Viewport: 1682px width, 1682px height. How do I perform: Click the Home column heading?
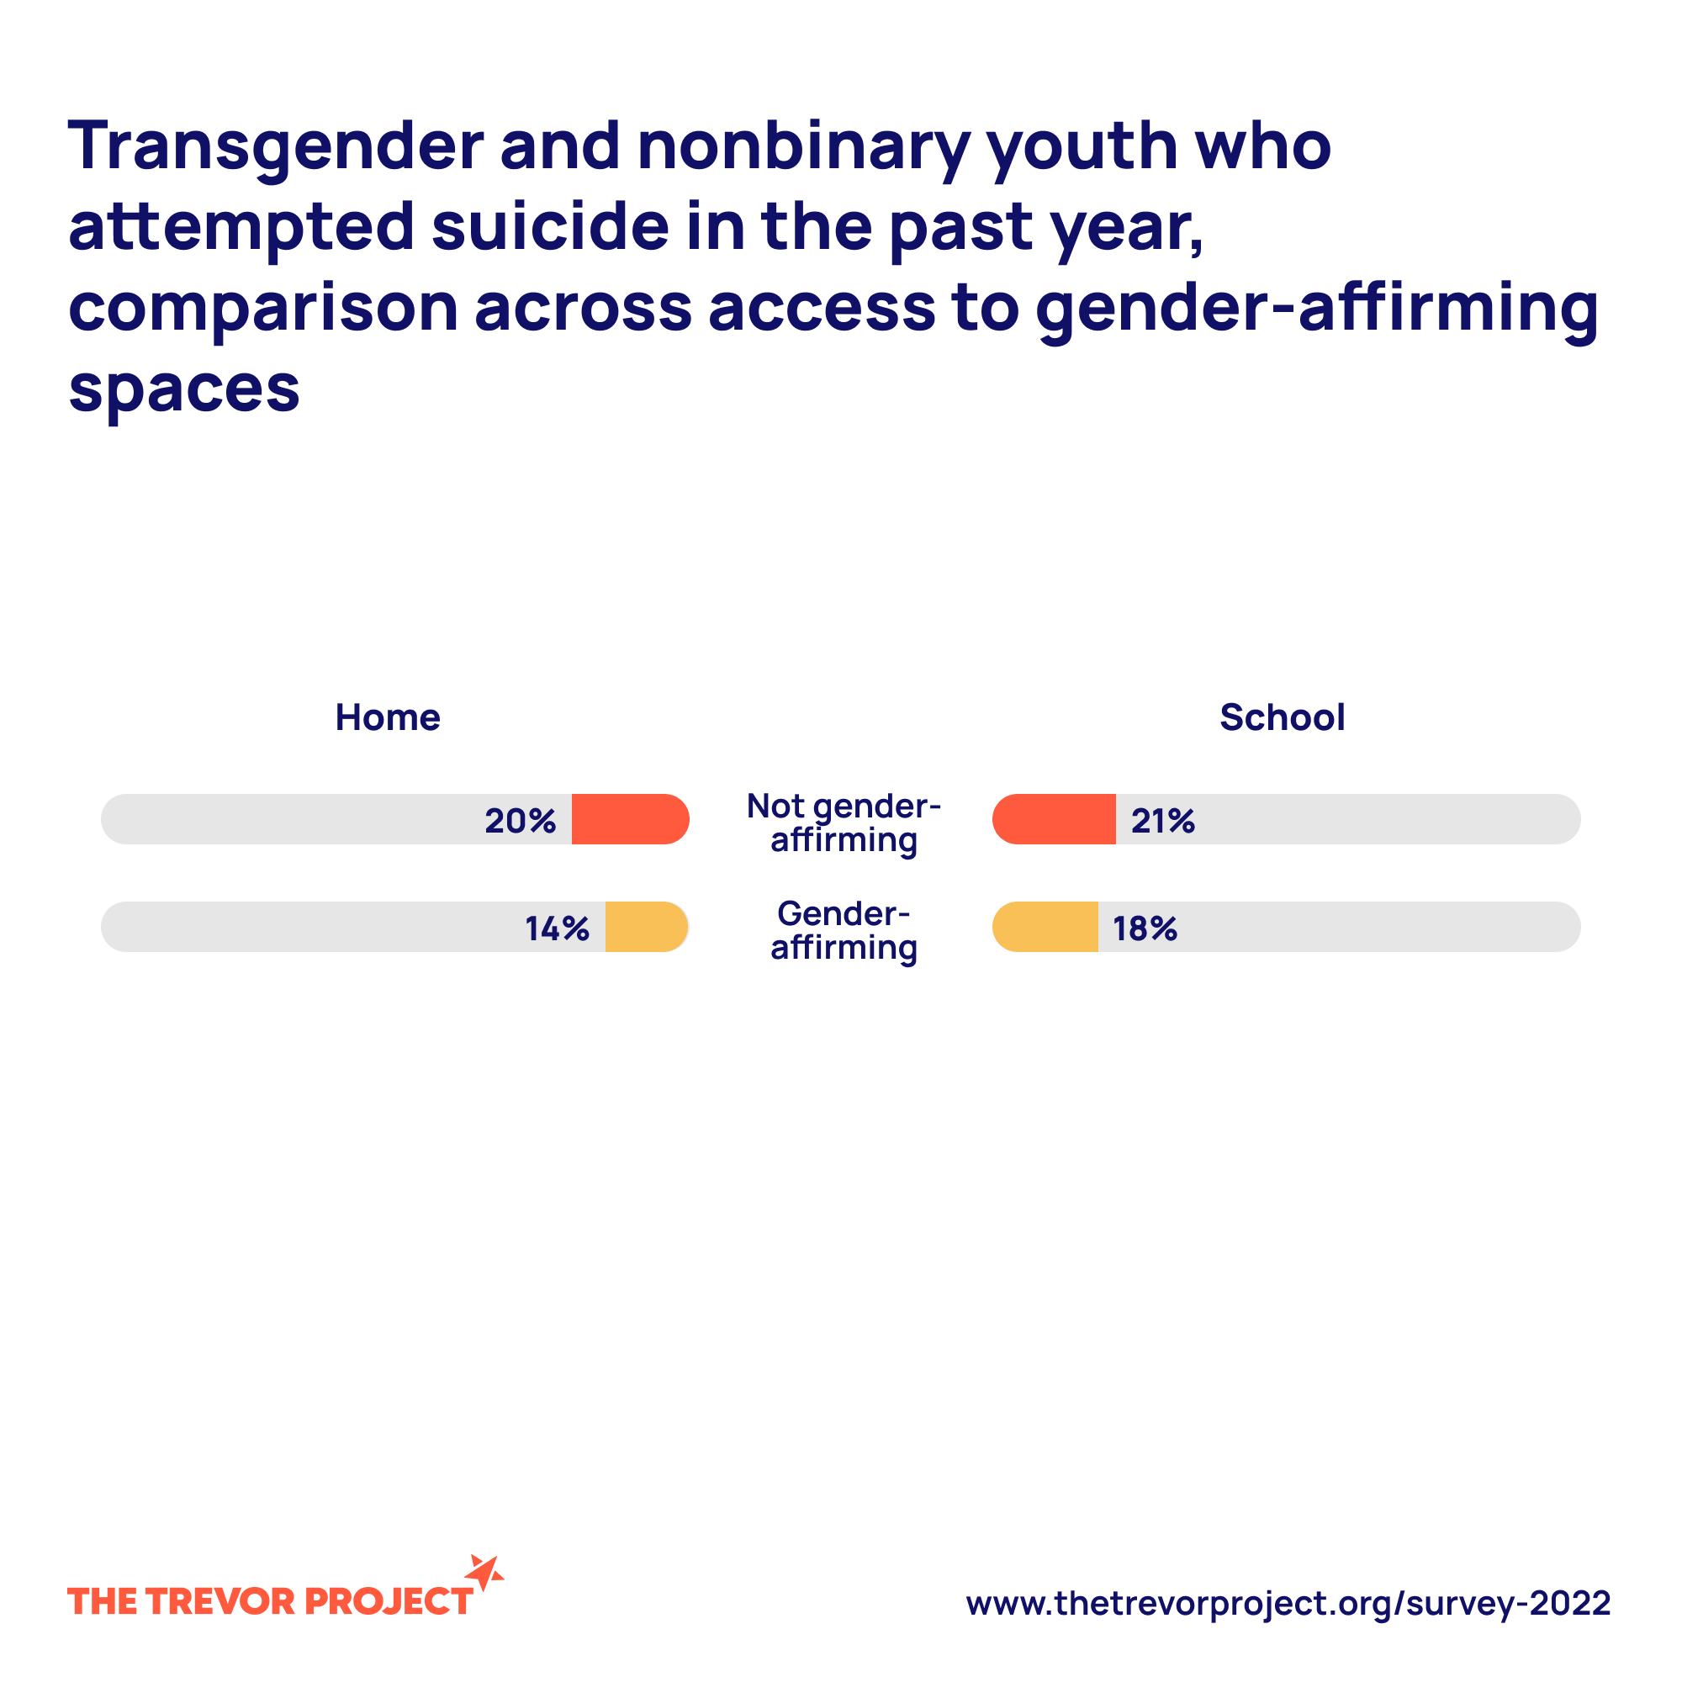pos(388,717)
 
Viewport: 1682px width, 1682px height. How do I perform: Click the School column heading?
pos(1282,717)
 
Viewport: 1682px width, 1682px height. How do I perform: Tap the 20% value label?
pos(520,820)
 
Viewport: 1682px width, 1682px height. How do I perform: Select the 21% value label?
pos(1162,820)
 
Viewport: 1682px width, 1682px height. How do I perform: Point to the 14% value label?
pos(556,928)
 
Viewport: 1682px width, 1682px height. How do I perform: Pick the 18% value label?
pos(1144,928)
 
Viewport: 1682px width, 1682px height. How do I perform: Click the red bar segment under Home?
pos(628,819)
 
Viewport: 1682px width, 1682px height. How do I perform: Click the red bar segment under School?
pos(1055,819)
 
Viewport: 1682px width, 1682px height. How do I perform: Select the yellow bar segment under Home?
pos(645,926)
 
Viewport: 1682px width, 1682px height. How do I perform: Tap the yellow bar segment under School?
pos(1045,926)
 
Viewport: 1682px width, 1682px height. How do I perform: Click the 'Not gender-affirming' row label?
pos(844,822)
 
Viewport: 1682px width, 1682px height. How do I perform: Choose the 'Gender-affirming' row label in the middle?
pos(844,930)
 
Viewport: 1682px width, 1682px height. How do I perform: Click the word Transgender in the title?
pos(275,146)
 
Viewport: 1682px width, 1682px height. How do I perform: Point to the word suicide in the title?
pos(550,226)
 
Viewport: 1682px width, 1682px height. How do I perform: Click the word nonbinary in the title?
pos(802,146)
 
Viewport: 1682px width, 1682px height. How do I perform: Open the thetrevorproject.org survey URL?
pos(1288,1602)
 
